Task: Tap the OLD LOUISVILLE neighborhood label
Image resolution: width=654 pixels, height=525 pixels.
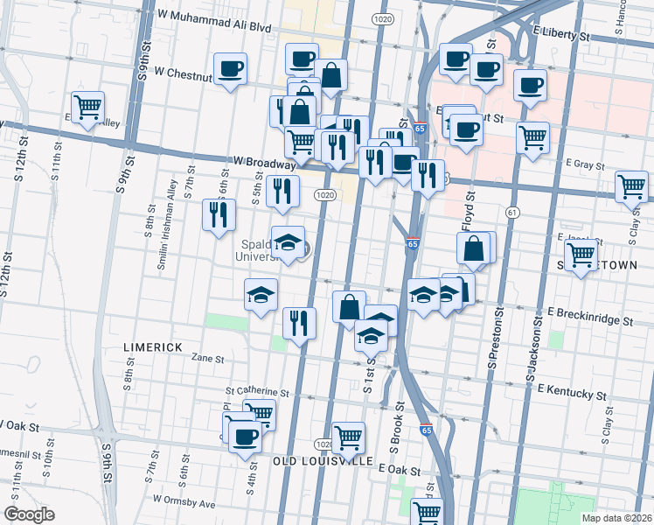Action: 324,461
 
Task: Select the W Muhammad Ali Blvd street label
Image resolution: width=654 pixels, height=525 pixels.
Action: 214,16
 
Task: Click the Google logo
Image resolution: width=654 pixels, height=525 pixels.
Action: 29,514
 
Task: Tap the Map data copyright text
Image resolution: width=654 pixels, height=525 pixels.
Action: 617,518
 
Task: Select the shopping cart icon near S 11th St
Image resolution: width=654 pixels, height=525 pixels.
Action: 87,108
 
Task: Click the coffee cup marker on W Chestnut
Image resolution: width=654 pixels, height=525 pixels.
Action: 231,68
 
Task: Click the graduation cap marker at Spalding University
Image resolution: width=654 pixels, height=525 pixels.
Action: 288,242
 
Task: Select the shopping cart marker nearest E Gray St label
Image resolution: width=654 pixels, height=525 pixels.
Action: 532,137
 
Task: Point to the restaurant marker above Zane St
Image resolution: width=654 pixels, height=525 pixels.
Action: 299,322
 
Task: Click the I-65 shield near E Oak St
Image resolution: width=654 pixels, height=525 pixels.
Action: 426,430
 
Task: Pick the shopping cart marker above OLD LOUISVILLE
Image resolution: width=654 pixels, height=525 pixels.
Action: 348,437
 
